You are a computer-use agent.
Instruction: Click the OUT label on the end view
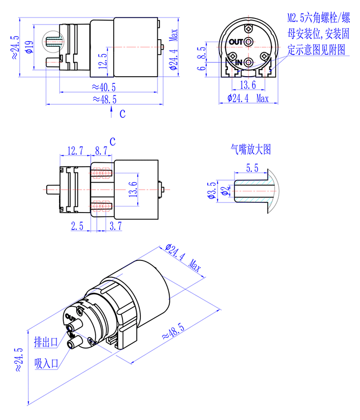(x=236, y=42)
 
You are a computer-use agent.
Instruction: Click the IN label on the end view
(x=238, y=62)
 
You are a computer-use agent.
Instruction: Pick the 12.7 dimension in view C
(x=75, y=150)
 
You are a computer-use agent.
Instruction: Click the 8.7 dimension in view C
(x=101, y=150)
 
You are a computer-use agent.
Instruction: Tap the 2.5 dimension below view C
(x=77, y=225)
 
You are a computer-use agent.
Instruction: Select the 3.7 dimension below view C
(x=115, y=225)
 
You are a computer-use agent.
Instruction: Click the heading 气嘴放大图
(x=250, y=150)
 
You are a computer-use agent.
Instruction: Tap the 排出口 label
(x=45, y=341)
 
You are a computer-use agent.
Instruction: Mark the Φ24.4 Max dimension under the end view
(x=248, y=98)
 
